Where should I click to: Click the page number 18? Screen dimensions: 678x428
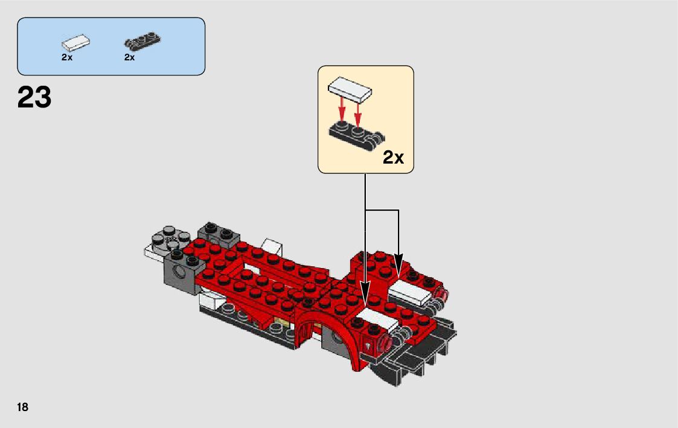click(22, 407)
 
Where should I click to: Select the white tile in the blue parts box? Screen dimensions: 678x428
click(75, 42)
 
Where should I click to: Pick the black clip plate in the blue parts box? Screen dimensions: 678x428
click(142, 40)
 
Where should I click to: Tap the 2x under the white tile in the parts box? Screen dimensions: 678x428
click(67, 57)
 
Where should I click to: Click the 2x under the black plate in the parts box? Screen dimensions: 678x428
click(130, 57)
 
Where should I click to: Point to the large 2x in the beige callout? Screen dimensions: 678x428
click(393, 158)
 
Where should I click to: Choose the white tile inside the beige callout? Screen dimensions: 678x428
click(350, 89)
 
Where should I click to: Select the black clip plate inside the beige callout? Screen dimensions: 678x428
click(356, 135)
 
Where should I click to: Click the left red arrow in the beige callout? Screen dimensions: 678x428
click(342, 109)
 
